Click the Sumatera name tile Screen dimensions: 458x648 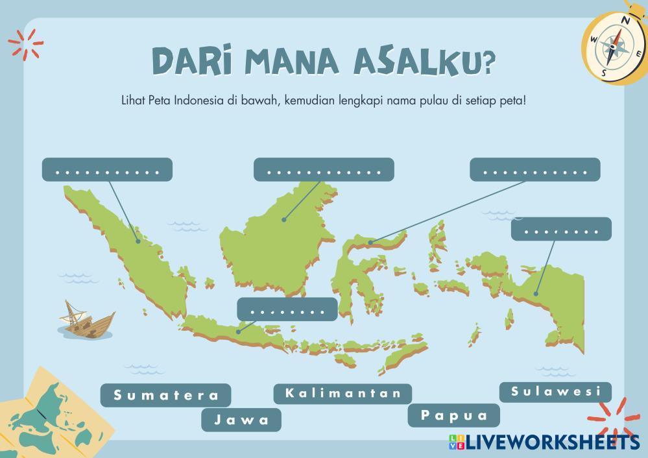pos(166,394)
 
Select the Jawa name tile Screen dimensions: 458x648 pos(241,420)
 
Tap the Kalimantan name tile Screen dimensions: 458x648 pos(342,393)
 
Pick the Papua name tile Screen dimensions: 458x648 pos(453,415)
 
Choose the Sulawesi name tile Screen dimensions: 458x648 pos(555,392)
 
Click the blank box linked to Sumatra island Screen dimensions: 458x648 pos(107,170)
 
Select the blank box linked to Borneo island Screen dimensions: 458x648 pos(324,170)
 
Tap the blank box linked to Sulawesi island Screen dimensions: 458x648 pos(535,170)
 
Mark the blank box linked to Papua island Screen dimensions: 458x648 pos(561,229)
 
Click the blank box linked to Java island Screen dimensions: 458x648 pos(287,309)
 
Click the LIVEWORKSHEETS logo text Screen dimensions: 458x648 pos(551,442)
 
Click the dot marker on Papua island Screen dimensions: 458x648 pos(536,294)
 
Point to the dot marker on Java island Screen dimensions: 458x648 pos(238,332)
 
